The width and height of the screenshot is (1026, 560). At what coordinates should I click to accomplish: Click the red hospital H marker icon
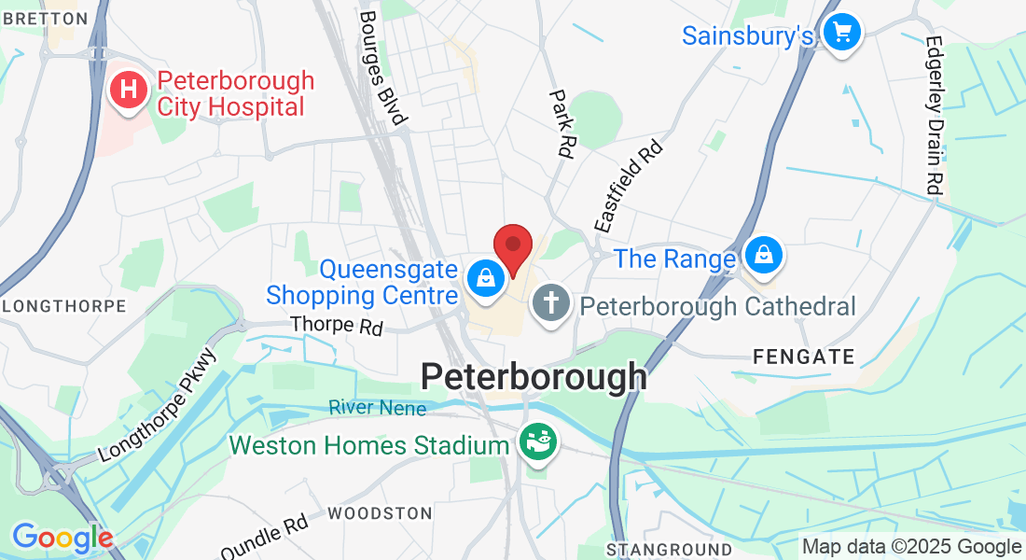coord(130,91)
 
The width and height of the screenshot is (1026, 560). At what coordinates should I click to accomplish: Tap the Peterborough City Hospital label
coord(235,94)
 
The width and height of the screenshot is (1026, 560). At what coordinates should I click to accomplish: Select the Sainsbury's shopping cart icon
coord(843,34)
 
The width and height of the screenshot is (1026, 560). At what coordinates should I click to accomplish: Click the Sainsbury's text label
coord(748,36)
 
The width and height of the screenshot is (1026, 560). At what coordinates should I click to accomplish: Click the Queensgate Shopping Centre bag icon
coord(485,277)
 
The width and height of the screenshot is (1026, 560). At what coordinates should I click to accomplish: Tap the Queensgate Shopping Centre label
coord(362,283)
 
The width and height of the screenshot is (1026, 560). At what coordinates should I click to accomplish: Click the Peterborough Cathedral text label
coord(717,306)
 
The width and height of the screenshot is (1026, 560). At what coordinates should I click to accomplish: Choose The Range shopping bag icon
coord(764,253)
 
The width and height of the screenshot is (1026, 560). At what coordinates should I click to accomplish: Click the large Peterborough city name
coord(534,377)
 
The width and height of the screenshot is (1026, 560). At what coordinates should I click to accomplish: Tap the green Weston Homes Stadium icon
coord(537,442)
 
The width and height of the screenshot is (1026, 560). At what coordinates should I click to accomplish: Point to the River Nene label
coord(377,408)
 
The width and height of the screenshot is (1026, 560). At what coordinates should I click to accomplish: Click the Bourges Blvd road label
coord(382,67)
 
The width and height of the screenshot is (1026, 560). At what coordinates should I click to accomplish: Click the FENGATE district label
coord(804,357)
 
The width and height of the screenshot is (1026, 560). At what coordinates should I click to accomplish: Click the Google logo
coord(62,539)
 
